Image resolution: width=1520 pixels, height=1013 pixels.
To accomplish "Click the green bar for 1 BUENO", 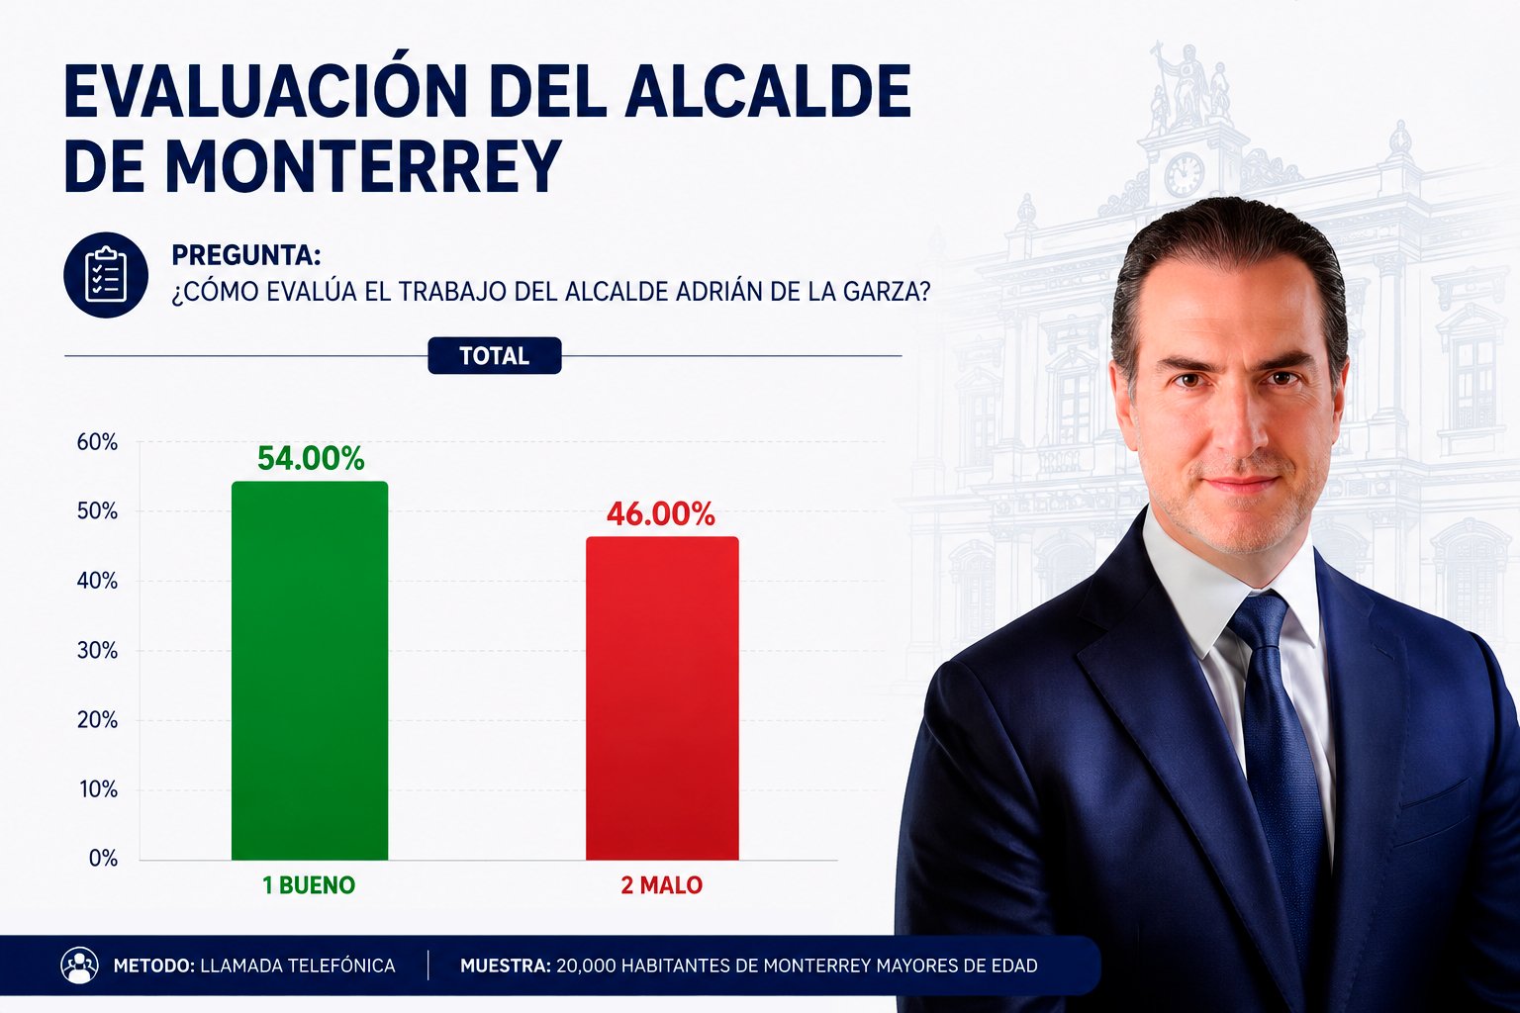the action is click(310, 671).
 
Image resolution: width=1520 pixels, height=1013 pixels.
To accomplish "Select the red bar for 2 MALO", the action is click(662, 698).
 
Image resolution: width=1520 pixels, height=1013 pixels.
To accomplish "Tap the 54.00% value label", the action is click(311, 459).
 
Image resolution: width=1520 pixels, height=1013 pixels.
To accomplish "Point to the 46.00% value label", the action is click(661, 514).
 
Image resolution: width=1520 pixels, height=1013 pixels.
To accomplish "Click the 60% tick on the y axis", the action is click(97, 442).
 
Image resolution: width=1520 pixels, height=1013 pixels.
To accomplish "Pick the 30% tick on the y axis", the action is click(97, 651).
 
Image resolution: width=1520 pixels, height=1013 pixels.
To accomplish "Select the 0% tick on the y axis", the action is click(103, 859).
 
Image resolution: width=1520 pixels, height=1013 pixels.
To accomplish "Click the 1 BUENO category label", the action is click(309, 884).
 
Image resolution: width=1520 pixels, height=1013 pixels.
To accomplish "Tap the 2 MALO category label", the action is click(662, 884).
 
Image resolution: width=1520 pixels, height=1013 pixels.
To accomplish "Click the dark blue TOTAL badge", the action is click(495, 355).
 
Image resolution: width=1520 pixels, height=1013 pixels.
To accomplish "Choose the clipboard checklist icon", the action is click(106, 275).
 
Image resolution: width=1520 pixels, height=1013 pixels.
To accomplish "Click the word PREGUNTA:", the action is click(245, 255).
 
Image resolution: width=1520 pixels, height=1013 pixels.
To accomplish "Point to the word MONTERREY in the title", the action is click(364, 166).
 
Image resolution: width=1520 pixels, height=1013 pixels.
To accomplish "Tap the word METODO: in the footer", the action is click(154, 966).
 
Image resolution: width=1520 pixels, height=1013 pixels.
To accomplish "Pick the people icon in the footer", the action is click(79, 966).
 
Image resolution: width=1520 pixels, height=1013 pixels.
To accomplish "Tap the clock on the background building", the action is click(1185, 174).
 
